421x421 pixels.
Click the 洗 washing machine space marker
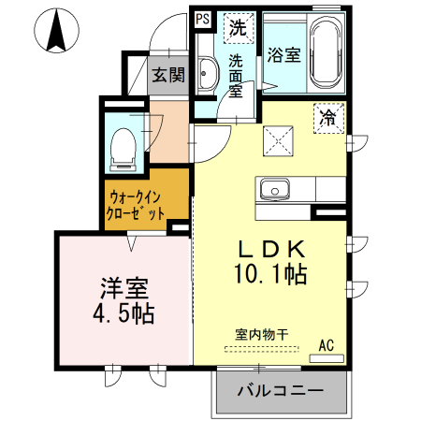238,27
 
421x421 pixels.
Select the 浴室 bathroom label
283,54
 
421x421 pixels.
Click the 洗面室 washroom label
237,75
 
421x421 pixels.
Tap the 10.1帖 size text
271,276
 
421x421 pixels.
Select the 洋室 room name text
120,287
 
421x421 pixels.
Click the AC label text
327,345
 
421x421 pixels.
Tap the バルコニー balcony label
280,389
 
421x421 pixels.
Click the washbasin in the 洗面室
209,75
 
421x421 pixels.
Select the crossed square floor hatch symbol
280,142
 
